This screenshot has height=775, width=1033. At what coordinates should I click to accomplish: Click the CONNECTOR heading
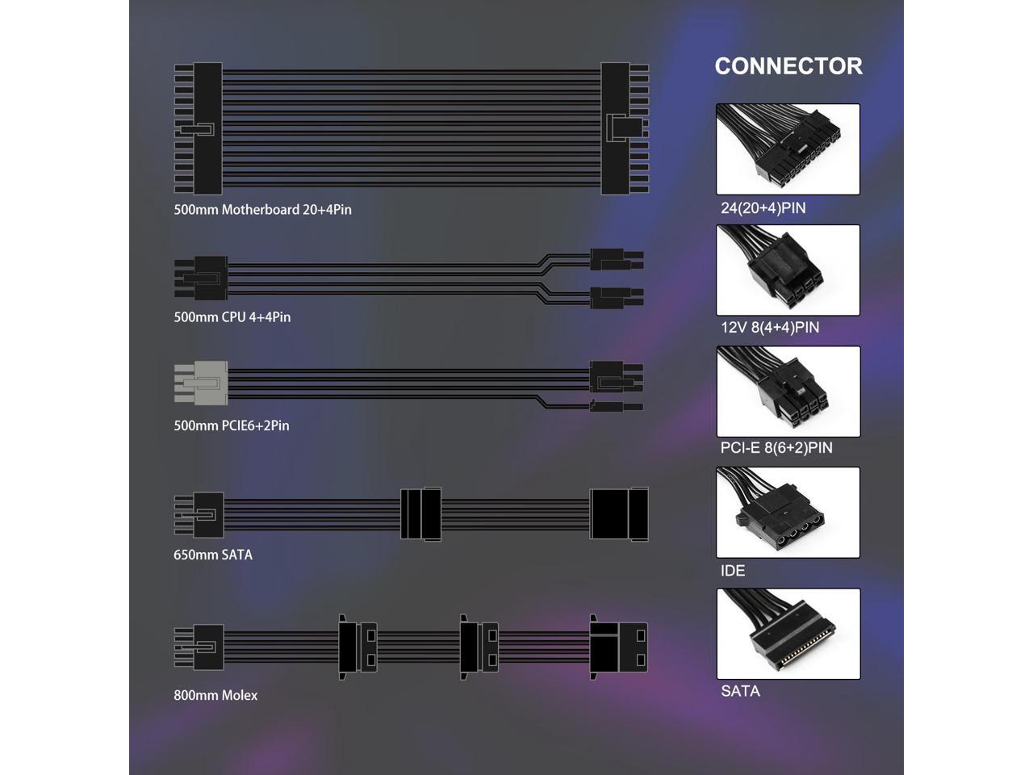(788, 66)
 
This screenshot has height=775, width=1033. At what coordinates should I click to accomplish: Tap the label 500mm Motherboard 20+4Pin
(262, 210)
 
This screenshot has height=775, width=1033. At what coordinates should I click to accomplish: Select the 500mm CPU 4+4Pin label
(232, 317)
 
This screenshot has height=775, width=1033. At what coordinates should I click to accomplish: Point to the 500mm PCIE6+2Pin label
(231, 425)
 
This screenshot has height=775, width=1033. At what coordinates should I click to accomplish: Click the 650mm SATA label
(212, 555)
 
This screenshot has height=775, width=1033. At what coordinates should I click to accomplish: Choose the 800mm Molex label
(215, 695)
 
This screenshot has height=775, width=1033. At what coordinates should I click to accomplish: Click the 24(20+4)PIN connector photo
(788, 149)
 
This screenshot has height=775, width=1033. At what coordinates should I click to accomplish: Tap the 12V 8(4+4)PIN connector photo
(788, 270)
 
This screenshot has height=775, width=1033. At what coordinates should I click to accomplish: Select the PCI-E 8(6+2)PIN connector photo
(788, 392)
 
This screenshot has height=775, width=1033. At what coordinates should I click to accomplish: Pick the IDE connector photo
(788, 512)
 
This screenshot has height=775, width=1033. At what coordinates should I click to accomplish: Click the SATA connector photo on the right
(788, 634)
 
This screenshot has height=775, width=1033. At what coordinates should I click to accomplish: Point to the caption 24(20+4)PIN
(763, 208)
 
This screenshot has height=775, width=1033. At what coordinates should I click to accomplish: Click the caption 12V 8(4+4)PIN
(769, 328)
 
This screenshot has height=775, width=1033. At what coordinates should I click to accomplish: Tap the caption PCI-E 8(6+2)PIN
(776, 448)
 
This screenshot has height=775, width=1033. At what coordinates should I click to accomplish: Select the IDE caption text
(733, 571)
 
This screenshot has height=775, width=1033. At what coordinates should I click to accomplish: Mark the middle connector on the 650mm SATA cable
(421, 513)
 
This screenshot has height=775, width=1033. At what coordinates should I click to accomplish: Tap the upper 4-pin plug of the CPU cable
(615, 259)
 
